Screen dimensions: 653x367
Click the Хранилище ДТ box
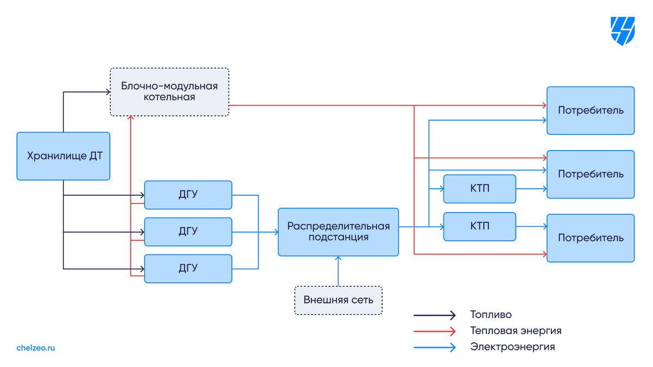click(63, 156)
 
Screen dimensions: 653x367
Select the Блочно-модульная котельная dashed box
click(169, 92)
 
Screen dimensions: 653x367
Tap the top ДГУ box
click(188, 195)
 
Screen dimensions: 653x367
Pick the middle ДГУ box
click(188, 232)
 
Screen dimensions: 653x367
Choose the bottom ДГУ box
click(188, 269)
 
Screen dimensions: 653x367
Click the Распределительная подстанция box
click(338, 232)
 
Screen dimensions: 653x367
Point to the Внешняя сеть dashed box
click(338, 300)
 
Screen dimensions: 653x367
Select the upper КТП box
click(479, 189)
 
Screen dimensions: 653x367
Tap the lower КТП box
click(479, 227)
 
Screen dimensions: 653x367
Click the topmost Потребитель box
click(590, 110)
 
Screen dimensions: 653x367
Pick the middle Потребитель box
click(590, 174)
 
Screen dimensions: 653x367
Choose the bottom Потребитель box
click(590, 238)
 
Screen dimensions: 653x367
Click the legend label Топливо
click(491, 315)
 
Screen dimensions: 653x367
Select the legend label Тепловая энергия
click(516, 331)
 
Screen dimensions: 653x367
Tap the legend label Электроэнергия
click(513, 347)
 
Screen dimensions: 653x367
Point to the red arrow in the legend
click(434, 331)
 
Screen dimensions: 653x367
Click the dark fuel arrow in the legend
click(434, 315)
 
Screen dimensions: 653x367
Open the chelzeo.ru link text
click(35, 348)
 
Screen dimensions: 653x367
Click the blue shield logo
click(623, 31)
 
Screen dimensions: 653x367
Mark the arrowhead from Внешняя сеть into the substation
click(338, 258)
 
